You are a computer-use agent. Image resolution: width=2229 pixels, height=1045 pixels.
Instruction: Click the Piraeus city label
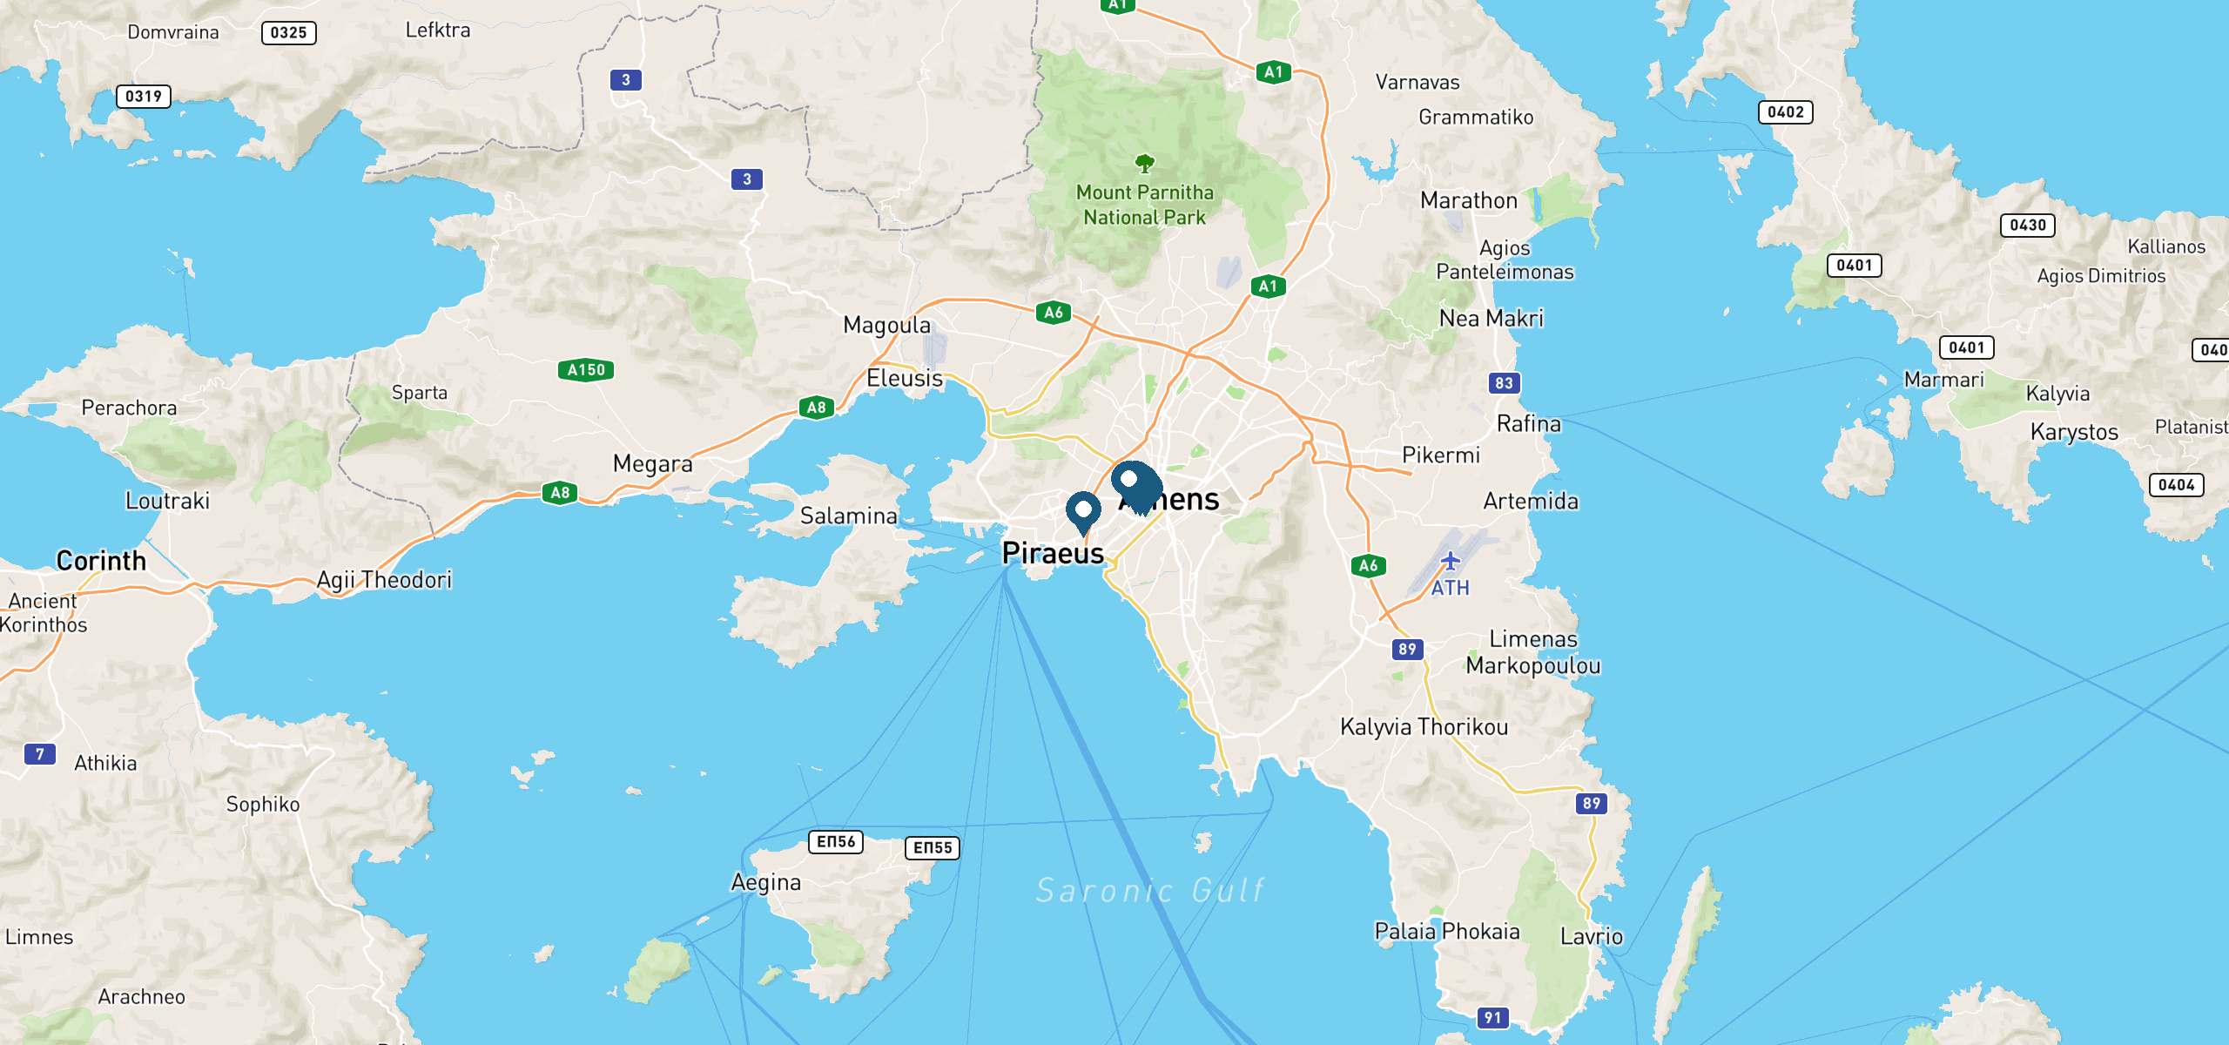click(1053, 554)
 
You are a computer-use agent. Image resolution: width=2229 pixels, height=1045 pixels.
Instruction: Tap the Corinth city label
click(101, 561)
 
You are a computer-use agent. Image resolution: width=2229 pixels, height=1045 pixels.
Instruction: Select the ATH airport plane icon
click(1450, 560)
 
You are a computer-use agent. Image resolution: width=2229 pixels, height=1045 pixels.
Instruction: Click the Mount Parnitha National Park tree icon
click(1145, 163)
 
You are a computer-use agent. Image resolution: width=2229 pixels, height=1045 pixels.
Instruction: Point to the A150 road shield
click(586, 370)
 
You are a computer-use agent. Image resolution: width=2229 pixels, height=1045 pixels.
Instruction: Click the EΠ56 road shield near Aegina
click(836, 842)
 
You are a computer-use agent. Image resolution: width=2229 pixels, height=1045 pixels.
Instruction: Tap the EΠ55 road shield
click(933, 848)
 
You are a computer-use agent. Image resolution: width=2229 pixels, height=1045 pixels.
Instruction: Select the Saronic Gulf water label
click(1149, 890)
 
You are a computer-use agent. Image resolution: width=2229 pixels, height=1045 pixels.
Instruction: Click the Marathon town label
click(1469, 200)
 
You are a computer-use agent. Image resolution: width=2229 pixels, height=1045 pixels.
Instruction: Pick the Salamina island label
click(848, 516)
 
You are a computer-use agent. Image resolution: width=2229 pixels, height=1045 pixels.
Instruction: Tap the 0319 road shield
click(144, 97)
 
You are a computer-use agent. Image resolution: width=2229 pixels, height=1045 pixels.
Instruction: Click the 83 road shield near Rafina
click(1504, 383)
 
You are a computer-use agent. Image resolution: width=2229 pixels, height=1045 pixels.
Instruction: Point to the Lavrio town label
click(1592, 937)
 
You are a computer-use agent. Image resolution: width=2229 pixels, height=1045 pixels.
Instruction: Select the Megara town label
click(652, 463)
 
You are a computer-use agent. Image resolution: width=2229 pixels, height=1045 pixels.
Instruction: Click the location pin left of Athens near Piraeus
click(1083, 510)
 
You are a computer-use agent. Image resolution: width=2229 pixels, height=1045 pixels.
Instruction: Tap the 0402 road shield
click(1786, 112)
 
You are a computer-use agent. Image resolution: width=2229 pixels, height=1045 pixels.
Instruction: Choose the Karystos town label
click(2074, 432)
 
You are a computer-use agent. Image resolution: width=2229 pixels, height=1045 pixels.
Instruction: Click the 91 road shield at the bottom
click(1493, 1017)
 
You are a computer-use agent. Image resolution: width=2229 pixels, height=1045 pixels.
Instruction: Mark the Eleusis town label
click(905, 379)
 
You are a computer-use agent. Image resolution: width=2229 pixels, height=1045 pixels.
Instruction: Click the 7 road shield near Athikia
click(40, 754)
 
